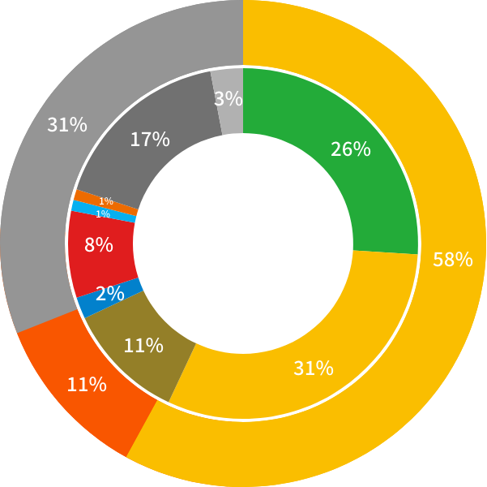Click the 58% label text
tap(452, 260)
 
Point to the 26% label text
tap(350, 149)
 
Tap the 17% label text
tap(150, 140)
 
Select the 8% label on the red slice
tap(98, 244)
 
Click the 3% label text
tap(228, 99)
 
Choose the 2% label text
tap(109, 294)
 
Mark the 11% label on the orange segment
tap(87, 385)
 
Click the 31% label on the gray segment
tap(67, 125)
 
